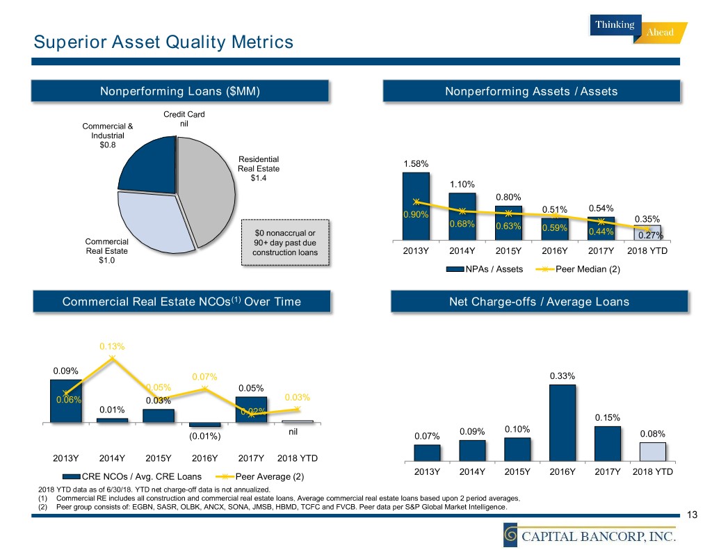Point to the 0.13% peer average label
click(x=111, y=346)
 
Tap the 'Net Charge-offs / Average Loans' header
click(x=539, y=301)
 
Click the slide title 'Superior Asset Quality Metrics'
click(x=163, y=42)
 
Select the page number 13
click(x=691, y=515)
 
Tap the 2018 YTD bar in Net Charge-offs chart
click(x=652, y=452)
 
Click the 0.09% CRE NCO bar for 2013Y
click(x=65, y=401)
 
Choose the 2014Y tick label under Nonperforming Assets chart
click(x=462, y=251)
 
